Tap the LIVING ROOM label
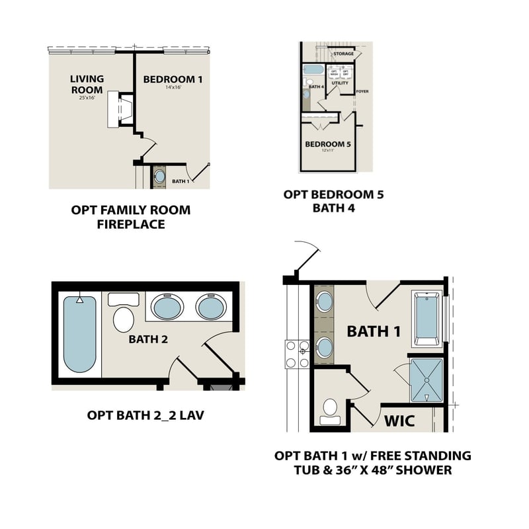(x=87, y=85)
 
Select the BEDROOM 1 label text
(x=173, y=79)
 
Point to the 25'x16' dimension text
(x=87, y=97)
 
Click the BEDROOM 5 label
(x=328, y=144)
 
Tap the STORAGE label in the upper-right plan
(x=343, y=54)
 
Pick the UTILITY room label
(x=340, y=83)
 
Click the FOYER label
(x=362, y=91)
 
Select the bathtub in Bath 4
(x=312, y=70)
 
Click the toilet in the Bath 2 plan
(x=124, y=318)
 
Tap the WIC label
(x=399, y=421)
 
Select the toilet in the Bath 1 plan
(x=329, y=411)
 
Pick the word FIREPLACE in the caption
(x=131, y=224)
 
